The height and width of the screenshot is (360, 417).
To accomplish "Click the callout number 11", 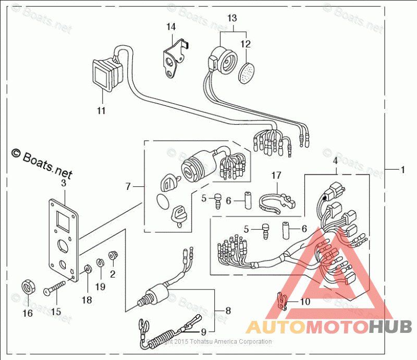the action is click(101, 111).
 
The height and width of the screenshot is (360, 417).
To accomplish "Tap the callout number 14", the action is click(171, 26).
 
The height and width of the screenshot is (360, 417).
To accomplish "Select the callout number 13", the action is click(232, 18).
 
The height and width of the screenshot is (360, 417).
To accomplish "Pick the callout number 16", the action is click(27, 313).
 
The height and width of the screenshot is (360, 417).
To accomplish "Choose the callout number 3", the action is click(64, 183).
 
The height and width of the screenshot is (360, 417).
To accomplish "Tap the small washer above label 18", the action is click(88, 269).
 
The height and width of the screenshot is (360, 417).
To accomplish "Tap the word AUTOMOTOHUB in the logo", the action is click(328, 328).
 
